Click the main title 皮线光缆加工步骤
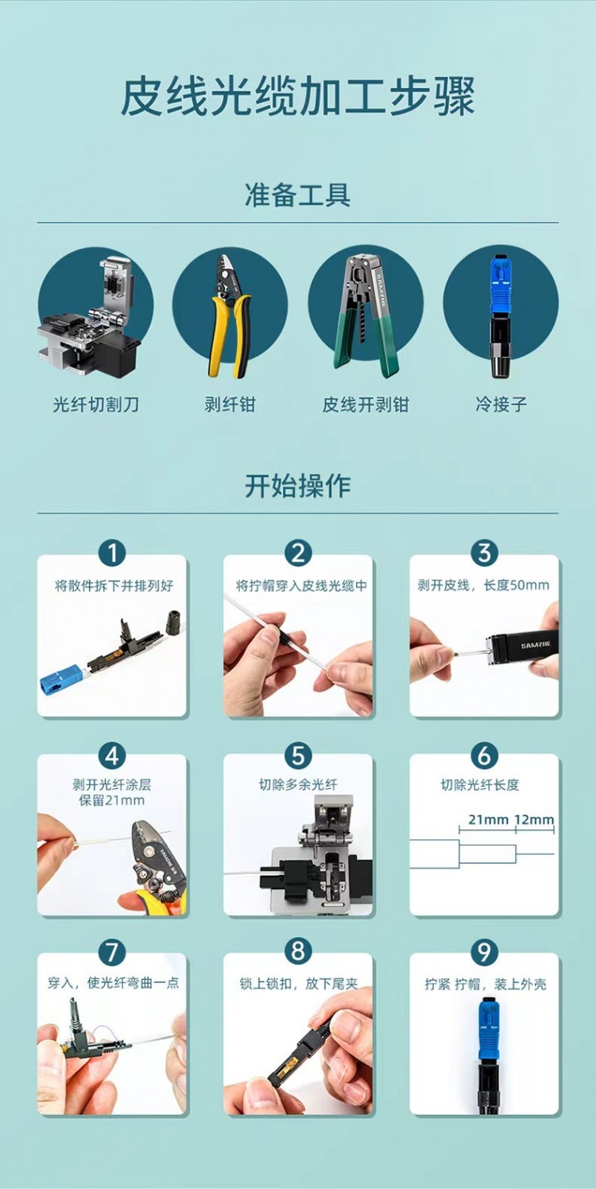click(297, 96)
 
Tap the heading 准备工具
click(297, 195)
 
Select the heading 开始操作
click(297, 486)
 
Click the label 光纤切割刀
click(96, 405)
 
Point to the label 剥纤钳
click(230, 405)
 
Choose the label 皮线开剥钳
click(366, 405)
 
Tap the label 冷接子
click(501, 405)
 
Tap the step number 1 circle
click(112, 554)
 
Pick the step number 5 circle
click(298, 756)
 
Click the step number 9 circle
click(484, 952)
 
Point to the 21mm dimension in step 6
click(488, 820)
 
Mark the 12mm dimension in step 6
click(534, 820)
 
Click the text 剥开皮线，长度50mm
click(483, 585)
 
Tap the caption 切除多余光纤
click(298, 784)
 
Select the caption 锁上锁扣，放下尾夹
click(299, 984)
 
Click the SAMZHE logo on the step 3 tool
click(535, 646)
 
